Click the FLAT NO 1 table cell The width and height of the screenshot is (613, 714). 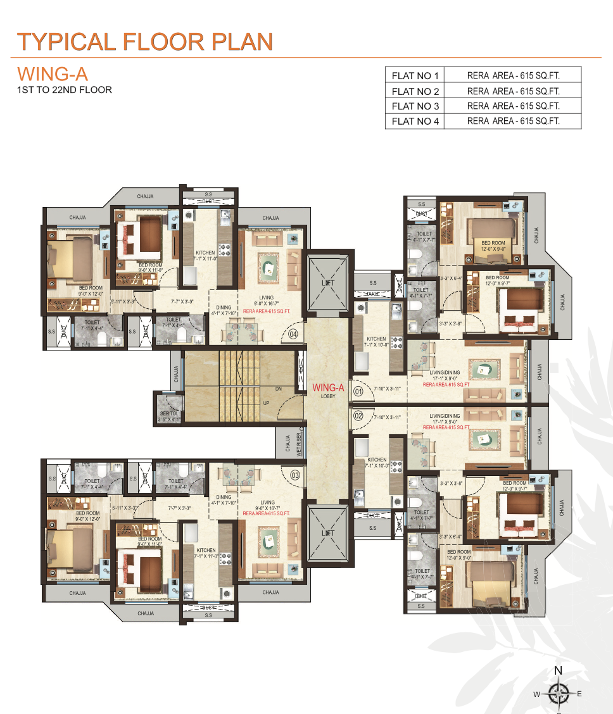click(415, 76)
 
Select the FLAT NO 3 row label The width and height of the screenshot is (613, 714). click(415, 106)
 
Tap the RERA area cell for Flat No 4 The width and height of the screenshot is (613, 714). click(513, 122)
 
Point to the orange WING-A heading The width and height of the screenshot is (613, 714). click(52, 73)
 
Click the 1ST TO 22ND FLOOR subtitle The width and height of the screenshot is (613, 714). click(65, 90)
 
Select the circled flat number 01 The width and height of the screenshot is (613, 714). click(358, 391)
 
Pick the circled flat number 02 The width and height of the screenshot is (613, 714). click(358, 416)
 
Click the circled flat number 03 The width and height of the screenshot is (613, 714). click(294, 475)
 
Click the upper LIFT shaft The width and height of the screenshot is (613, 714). click(327, 283)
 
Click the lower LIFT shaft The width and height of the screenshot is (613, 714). click(327, 533)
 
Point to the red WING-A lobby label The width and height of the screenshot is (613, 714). click(327, 388)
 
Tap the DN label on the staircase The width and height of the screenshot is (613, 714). click(278, 389)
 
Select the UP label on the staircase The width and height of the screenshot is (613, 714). click(266, 403)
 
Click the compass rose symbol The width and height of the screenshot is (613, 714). click(558, 693)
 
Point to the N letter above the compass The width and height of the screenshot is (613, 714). click(558, 672)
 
